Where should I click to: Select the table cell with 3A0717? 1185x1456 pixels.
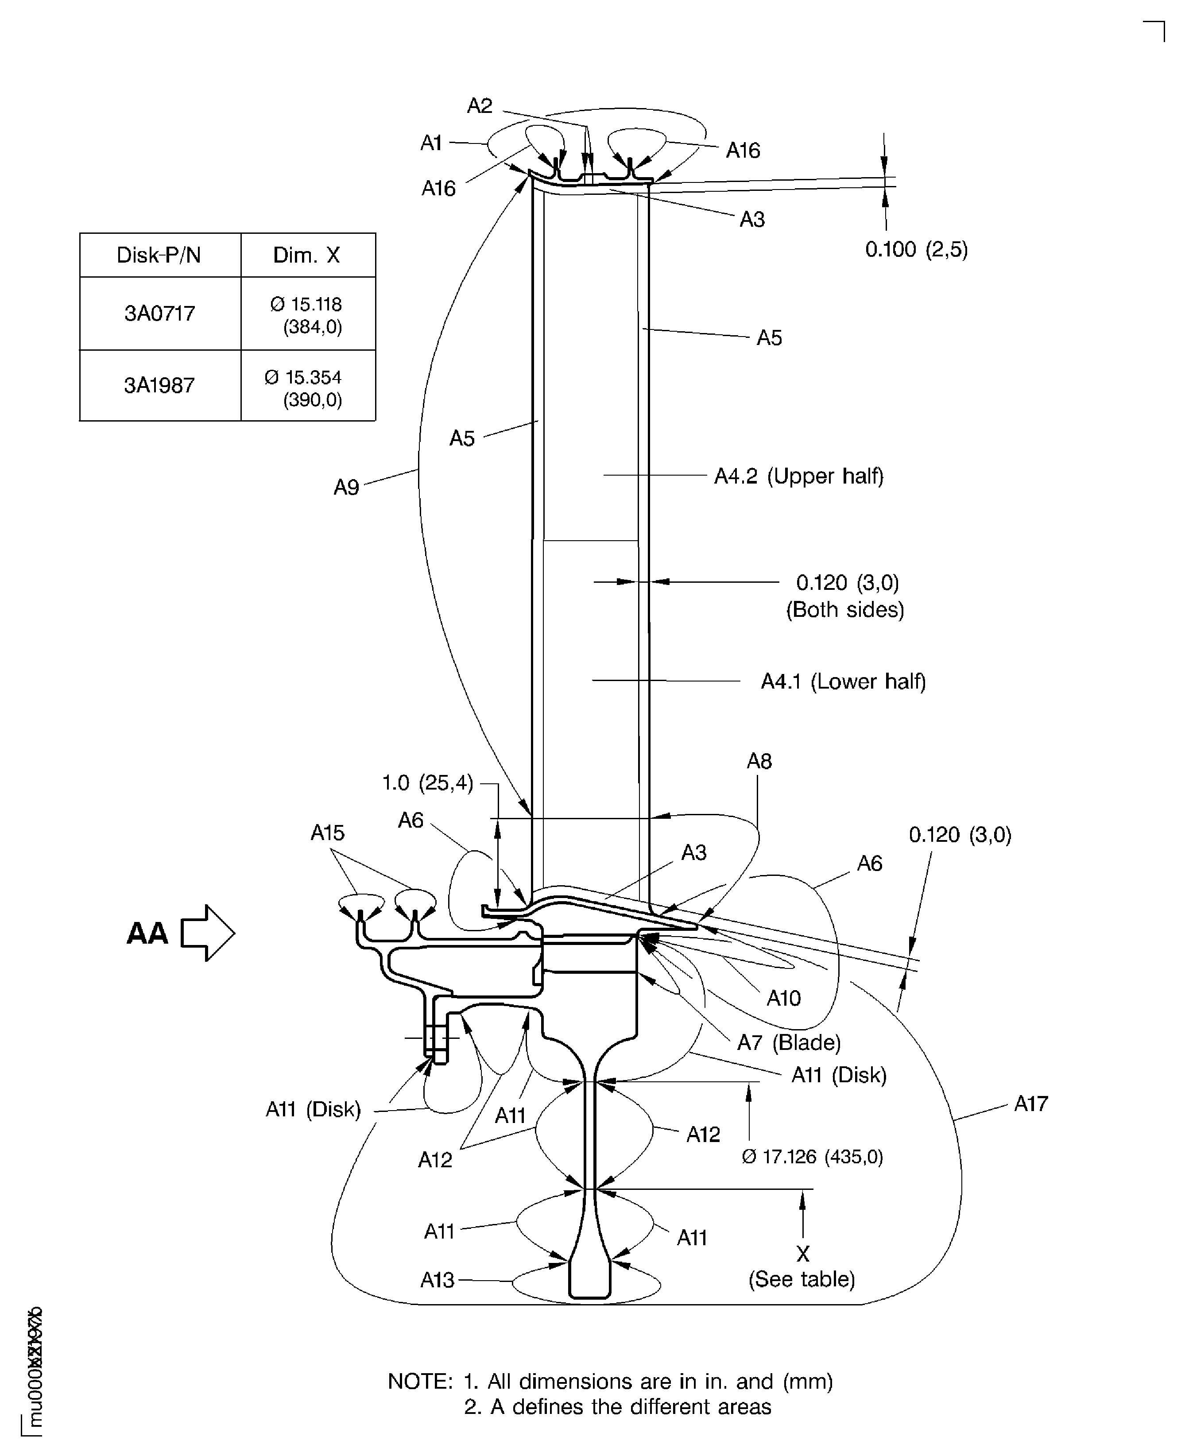pyautogui.click(x=160, y=314)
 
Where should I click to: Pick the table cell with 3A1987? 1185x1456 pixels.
pyautogui.click(x=160, y=386)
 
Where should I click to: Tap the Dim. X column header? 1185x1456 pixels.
pyautogui.click(x=306, y=256)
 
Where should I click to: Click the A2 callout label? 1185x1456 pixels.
pyautogui.click(x=480, y=106)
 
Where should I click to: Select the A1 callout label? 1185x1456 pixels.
pyautogui.click(x=431, y=143)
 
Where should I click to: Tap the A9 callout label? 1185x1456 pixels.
pyautogui.click(x=346, y=488)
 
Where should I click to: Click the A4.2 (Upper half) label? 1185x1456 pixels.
pyautogui.click(x=799, y=476)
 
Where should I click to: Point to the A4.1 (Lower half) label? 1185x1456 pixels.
pyautogui.click(x=844, y=681)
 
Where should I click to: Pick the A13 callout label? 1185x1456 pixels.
pyautogui.click(x=438, y=1280)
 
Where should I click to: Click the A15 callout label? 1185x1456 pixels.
pyautogui.click(x=328, y=833)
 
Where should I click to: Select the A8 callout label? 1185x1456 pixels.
pyautogui.click(x=759, y=761)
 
